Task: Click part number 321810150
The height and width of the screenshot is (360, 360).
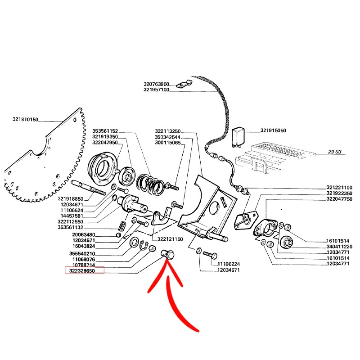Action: pyautogui.click(x=26, y=120)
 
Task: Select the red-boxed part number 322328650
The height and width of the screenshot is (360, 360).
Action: pyautogui.click(x=85, y=270)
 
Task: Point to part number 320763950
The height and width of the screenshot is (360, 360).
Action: pyautogui.click(x=156, y=84)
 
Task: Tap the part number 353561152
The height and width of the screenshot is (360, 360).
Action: pyautogui.click(x=105, y=131)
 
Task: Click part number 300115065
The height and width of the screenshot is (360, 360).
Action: pyautogui.click(x=167, y=143)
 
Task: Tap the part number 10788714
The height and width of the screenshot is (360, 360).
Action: pyautogui.click(x=82, y=265)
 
